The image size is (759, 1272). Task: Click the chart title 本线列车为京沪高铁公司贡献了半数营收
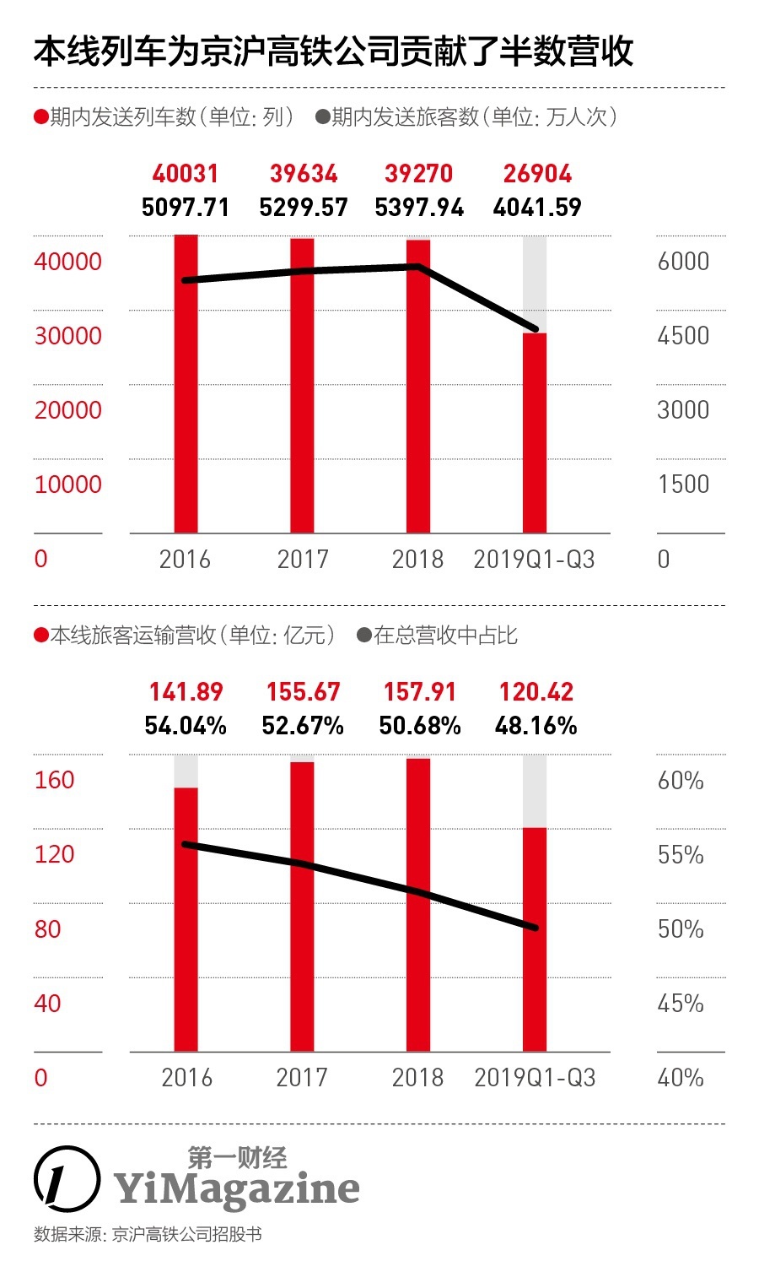click(x=333, y=52)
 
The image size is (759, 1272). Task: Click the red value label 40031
click(x=186, y=174)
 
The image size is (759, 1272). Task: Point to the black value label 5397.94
click(x=419, y=208)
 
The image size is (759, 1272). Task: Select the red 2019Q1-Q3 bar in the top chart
click(x=535, y=432)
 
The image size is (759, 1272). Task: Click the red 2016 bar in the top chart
click(x=186, y=384)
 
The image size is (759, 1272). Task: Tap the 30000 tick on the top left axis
click(x=67, y=336)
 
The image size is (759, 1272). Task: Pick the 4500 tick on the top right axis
click(x=683, y=336)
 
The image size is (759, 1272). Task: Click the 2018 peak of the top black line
click(x=418, y=267)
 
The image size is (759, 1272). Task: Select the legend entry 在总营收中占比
click(x=438, y=635)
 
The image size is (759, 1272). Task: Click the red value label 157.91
click(x=419, y=692)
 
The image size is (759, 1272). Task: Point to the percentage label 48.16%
click(x=536, y=726)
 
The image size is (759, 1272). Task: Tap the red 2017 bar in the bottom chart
click(x=302, y=907)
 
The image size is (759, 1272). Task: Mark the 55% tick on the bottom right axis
click(x=681, y=855)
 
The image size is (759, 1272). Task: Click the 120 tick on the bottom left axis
click(x=55, y=854)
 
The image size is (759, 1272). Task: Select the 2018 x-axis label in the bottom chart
click(x=417, y=1078)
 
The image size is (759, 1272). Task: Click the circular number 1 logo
click(x=66, y=1177)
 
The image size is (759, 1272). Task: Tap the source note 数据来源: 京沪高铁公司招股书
click(x=148, y=1234)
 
